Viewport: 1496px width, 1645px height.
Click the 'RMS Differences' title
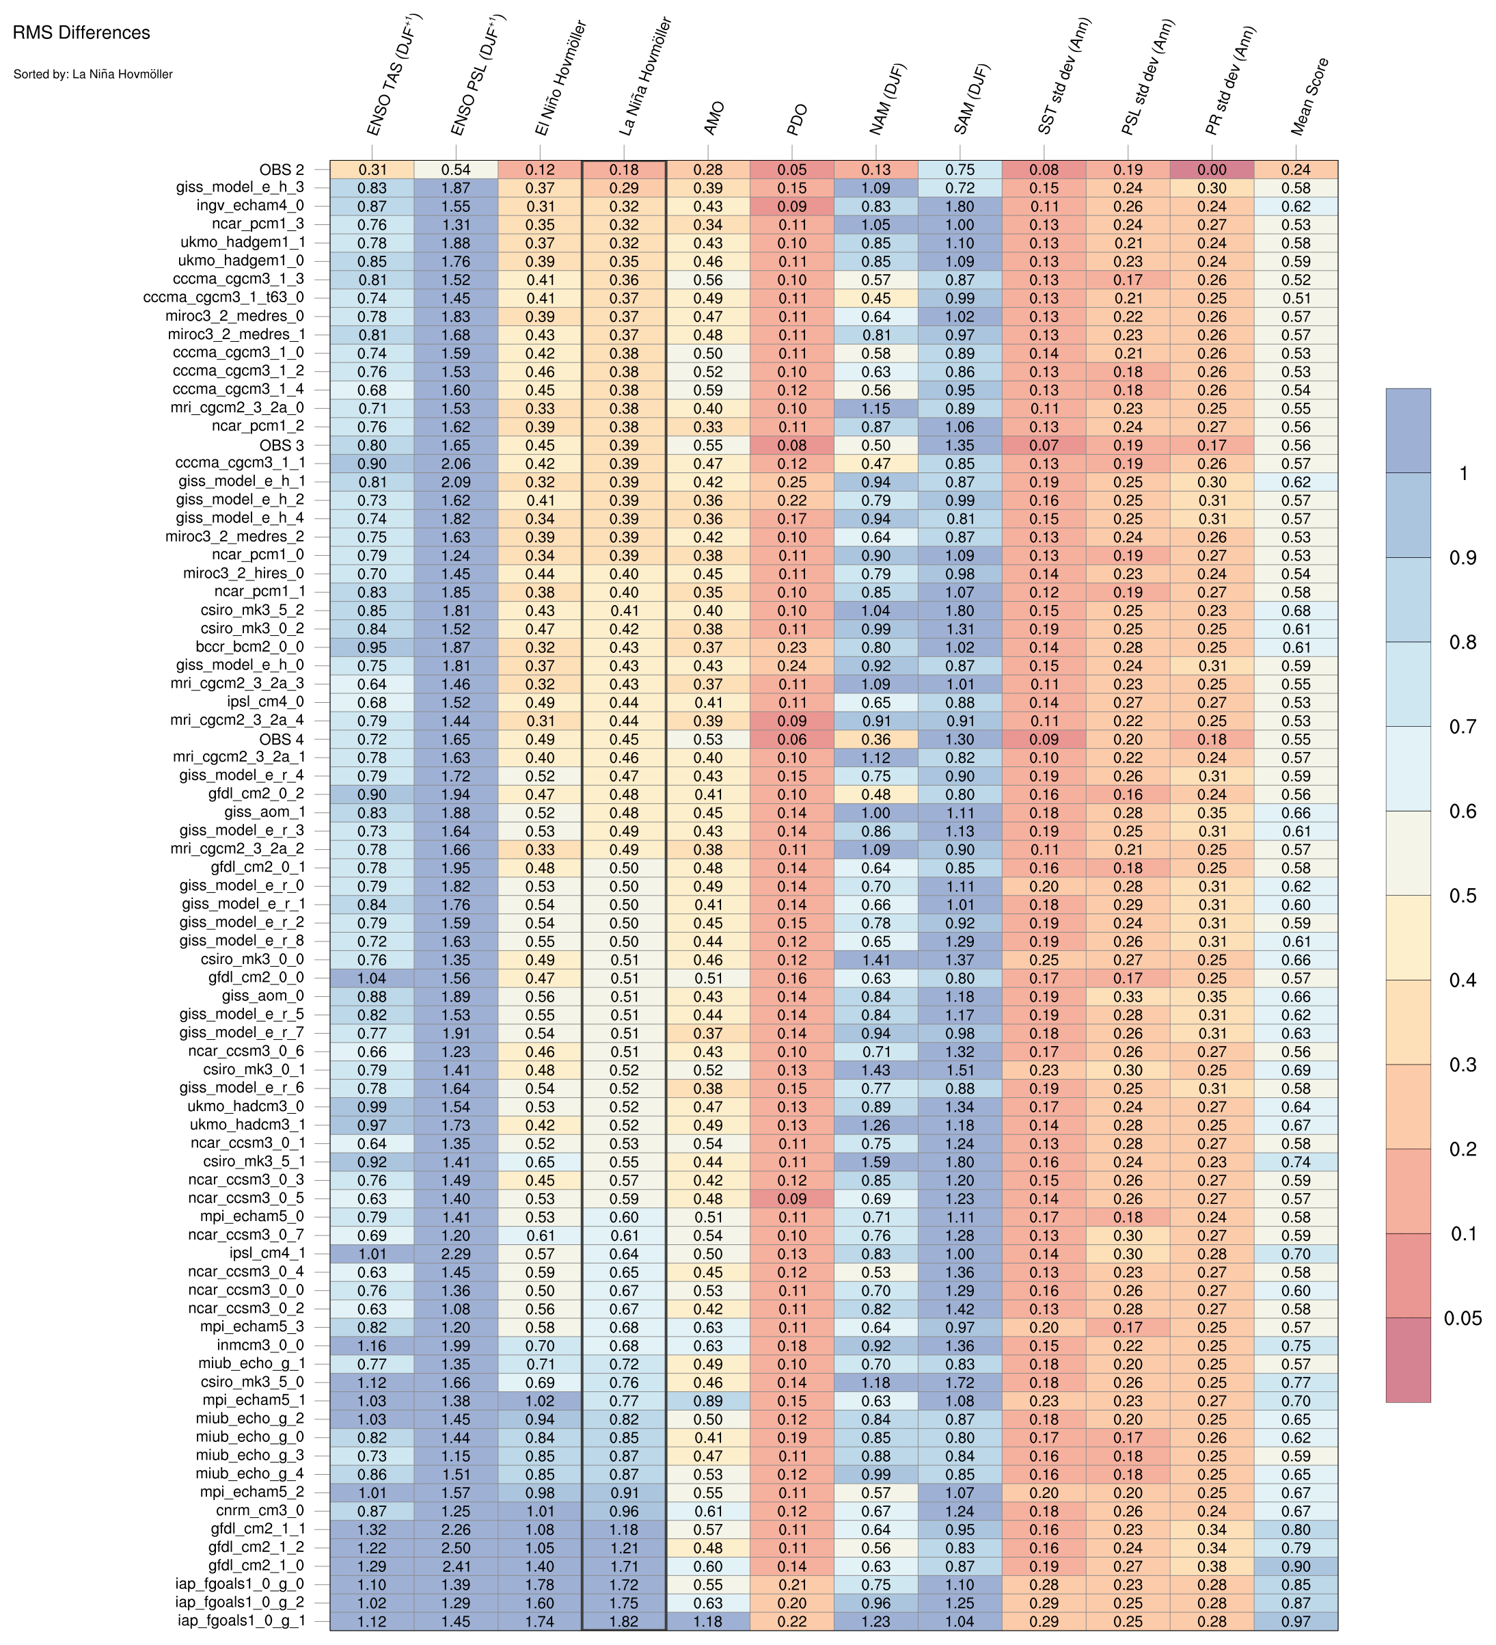pos(81,34)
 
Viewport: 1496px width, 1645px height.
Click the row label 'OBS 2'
pos(282,170)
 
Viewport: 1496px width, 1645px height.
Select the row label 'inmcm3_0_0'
pos(260,1346)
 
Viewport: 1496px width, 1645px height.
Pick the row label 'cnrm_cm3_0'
pos(260,1511)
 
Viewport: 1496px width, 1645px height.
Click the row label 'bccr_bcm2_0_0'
pos(249,647)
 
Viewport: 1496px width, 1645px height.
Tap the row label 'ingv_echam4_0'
pos(250,206)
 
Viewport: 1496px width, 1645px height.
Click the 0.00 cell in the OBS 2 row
pos(1212,170)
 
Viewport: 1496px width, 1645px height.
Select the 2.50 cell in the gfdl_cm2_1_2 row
pos(456,1548)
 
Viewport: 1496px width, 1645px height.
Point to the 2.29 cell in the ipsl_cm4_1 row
pos(456,1254)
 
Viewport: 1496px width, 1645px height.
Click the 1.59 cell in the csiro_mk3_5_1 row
pos(876,1162)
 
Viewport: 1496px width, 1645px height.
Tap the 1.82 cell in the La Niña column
pos(624,1621)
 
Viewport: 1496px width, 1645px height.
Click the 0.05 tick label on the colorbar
pos(1462,1319)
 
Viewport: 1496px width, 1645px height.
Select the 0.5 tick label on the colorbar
pos(1462,896)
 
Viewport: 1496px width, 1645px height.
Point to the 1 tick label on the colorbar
pos(1463,473)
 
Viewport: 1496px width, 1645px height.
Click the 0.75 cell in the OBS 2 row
pos(960,170)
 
